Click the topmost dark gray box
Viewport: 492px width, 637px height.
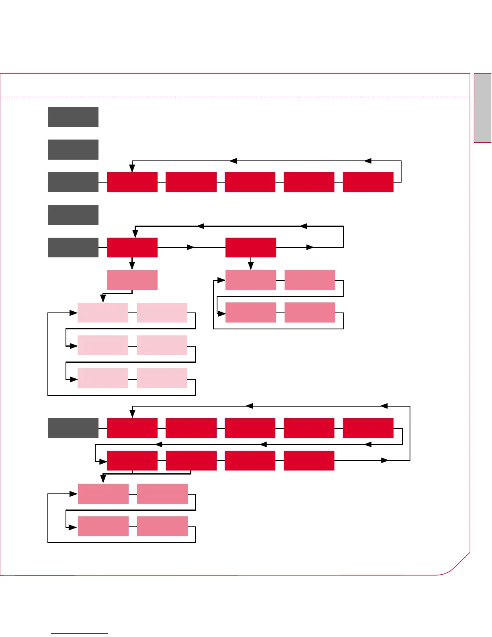[x=73, y=117]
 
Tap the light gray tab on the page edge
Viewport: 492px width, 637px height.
[x=483, y=107]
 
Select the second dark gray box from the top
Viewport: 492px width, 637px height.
[x=73, y=150]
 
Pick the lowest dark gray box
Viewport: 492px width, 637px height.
[x=73, y=428]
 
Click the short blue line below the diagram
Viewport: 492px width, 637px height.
[x=80, y=633]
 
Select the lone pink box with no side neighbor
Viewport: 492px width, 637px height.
[x=132, y=280]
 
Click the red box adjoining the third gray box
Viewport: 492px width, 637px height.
[x=132, y=182]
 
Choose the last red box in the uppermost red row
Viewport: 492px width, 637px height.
[x=368, y=182]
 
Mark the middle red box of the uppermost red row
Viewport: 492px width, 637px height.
[x=250, y=182]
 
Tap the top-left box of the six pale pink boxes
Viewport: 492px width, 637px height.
[x=103, y=313]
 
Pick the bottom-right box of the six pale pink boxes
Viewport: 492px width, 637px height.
[x=162, y=378]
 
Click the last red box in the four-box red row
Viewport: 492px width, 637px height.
[x=309, y=460]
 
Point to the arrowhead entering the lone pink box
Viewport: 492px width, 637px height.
[x=132, y=266]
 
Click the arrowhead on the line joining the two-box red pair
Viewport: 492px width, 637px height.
[x=191, y=247]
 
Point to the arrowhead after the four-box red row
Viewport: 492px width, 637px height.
[x=385, y=460]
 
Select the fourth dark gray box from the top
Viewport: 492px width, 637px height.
[x=73, y=215]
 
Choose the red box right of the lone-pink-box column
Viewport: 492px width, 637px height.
[x=251, y=247]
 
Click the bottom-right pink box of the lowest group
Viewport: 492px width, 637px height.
[x=162, y=526]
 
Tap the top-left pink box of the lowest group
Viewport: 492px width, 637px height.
[x=103, y=494]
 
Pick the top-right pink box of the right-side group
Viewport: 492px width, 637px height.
[x=310, y=280]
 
